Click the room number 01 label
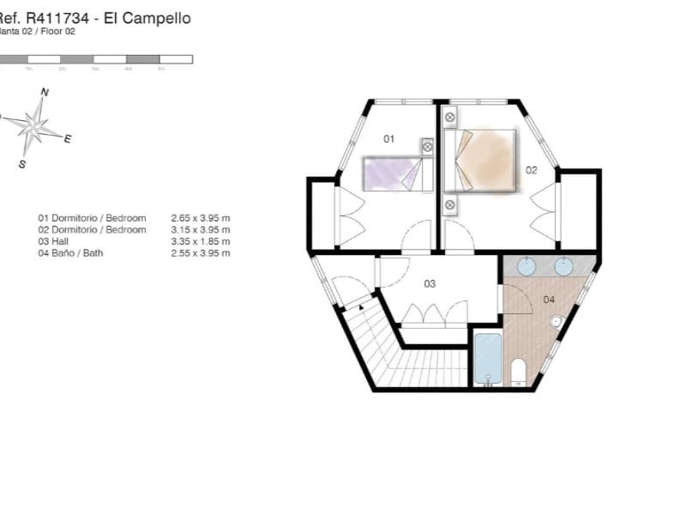(388, 138)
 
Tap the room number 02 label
(532, 170)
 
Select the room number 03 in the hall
(430, 283)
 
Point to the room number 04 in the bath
(549, 300)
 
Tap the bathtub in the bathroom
(488, 358)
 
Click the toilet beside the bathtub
(518, 372)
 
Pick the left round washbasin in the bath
(526, 266)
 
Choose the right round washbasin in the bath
(563, 266)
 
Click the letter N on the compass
(45, 92)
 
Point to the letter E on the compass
(68, 138)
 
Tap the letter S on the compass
(21, 164)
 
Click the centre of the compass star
(35, 126)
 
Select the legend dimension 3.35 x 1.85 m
(201, 241)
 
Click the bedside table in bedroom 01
(427, 147)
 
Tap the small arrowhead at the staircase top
(362, 306)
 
